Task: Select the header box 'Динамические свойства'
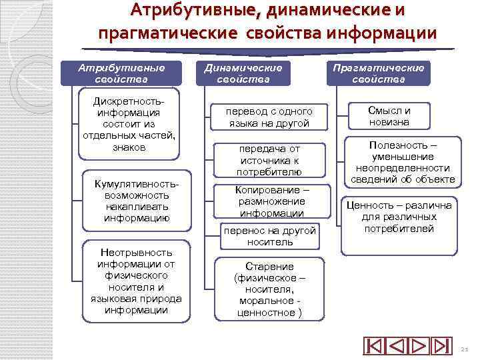tap(243, 74)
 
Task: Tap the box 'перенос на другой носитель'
tap(270, 235)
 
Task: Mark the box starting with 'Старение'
tap(270, 289)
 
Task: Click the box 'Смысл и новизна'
tap(398, 117)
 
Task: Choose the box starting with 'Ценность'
tap(398, 224)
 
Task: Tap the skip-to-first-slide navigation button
tap(375, 347)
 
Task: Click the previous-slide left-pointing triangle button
tap(397, 347)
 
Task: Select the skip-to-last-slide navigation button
tap(441, 347)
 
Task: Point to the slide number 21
tap(464, 349)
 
